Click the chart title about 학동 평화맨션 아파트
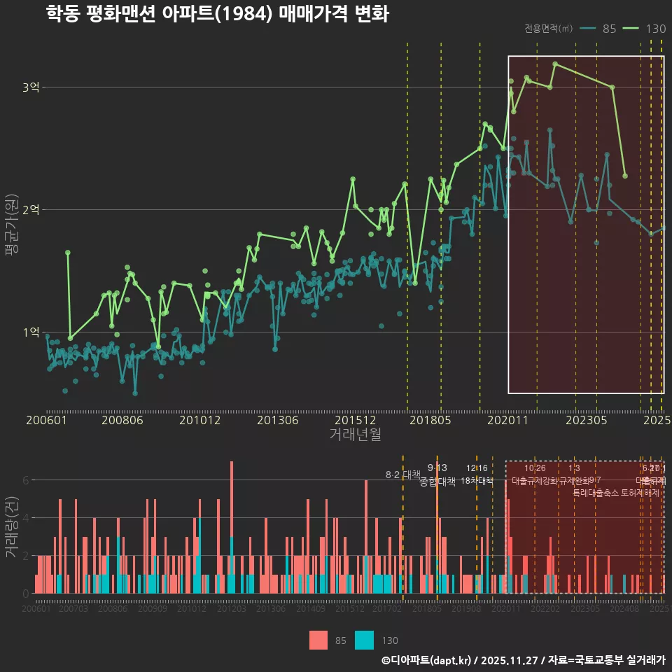click(x=217, y=14)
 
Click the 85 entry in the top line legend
click(x=608, y=29)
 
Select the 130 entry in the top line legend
click(x=655, y=29)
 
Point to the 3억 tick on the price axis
click(x=31, y=87)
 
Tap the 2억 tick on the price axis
click(x=31, y=210)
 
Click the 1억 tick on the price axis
click(x=31, y=332)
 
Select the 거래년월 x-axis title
click(x=355, y=435)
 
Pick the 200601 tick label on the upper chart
click(x=46, y=420)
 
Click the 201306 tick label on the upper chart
click(x=278, y=420)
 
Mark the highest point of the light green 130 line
click(x=555, y=64)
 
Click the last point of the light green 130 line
click(x=625, y=176)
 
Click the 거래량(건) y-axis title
click(x=12, y=526)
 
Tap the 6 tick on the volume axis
click(x=26, y=480)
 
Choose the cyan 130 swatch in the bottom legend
click(x=364, y=640)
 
